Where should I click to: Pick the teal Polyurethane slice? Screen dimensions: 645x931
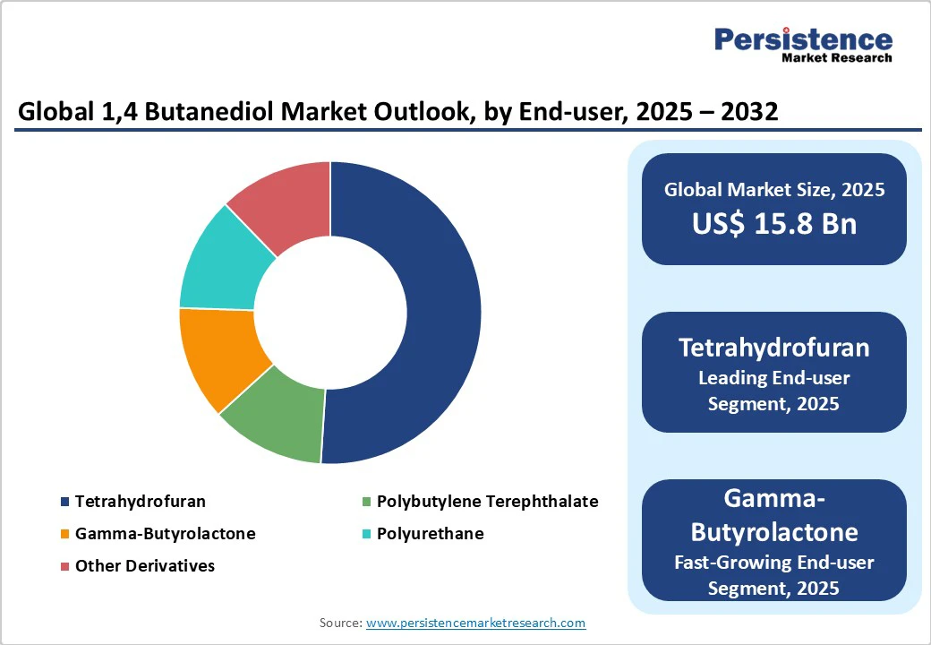coord(223,260)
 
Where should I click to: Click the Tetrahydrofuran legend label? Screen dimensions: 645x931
coord(140,502)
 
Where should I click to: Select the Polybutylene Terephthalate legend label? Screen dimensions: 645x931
coord(487,502)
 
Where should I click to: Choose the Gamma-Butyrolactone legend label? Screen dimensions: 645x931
coord(165,534)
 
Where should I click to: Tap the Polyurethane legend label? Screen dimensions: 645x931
coord(430,534)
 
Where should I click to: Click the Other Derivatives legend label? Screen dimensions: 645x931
coord(144,566)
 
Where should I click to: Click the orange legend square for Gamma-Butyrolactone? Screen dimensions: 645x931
coord(64,535)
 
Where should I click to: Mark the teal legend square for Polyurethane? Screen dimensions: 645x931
coord(366,535)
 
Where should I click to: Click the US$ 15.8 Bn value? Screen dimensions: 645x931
coord(773,223)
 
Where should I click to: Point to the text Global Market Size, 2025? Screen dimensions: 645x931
coord(773,190)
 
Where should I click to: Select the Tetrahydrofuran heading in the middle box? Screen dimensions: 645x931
coord(773,347)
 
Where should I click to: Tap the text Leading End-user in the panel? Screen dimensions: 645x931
coord(773,377)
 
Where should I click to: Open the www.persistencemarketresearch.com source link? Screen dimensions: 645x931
coord(475,623)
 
